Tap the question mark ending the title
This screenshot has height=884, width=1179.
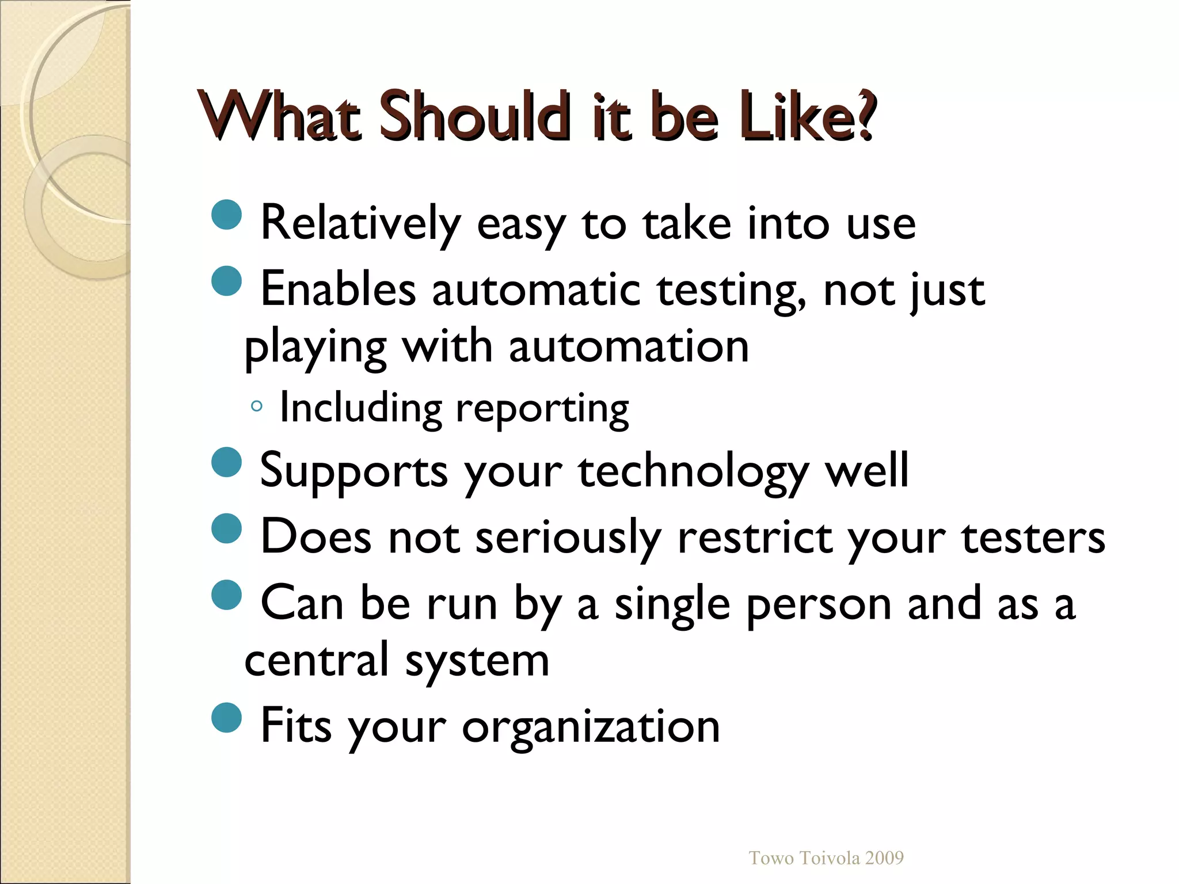tap(865, 116)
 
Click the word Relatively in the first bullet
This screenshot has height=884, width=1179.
tap(361, 223)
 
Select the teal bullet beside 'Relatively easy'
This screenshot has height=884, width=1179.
tap(227, 215)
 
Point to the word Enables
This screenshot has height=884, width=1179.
tap(338, 289)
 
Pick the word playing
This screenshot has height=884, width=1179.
tap(315, 349)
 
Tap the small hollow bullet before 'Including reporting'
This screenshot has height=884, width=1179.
tap(257, 407)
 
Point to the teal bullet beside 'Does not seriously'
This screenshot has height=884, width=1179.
tap(227, 528)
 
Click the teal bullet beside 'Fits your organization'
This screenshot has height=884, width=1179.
tap(227, 717)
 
